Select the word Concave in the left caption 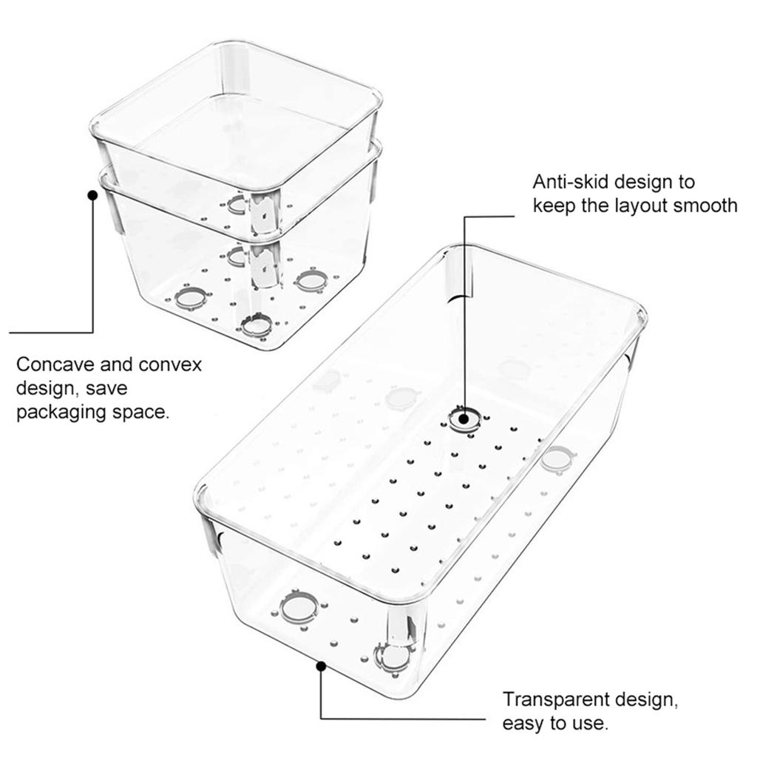(x=55, y=364)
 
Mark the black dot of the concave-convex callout (x=92, y=195)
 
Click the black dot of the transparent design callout (x=321, y=666)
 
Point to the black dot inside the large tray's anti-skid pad (x=464, y=418)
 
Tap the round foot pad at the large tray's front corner (x=393, y=657)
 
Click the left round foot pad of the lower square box (x=191, y=299)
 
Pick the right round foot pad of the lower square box (x=310, y=281)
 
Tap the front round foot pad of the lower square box (x=257, y=325)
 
